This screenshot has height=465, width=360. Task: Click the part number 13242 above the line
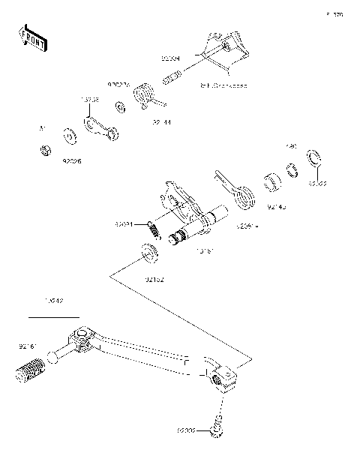click(53, 300)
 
